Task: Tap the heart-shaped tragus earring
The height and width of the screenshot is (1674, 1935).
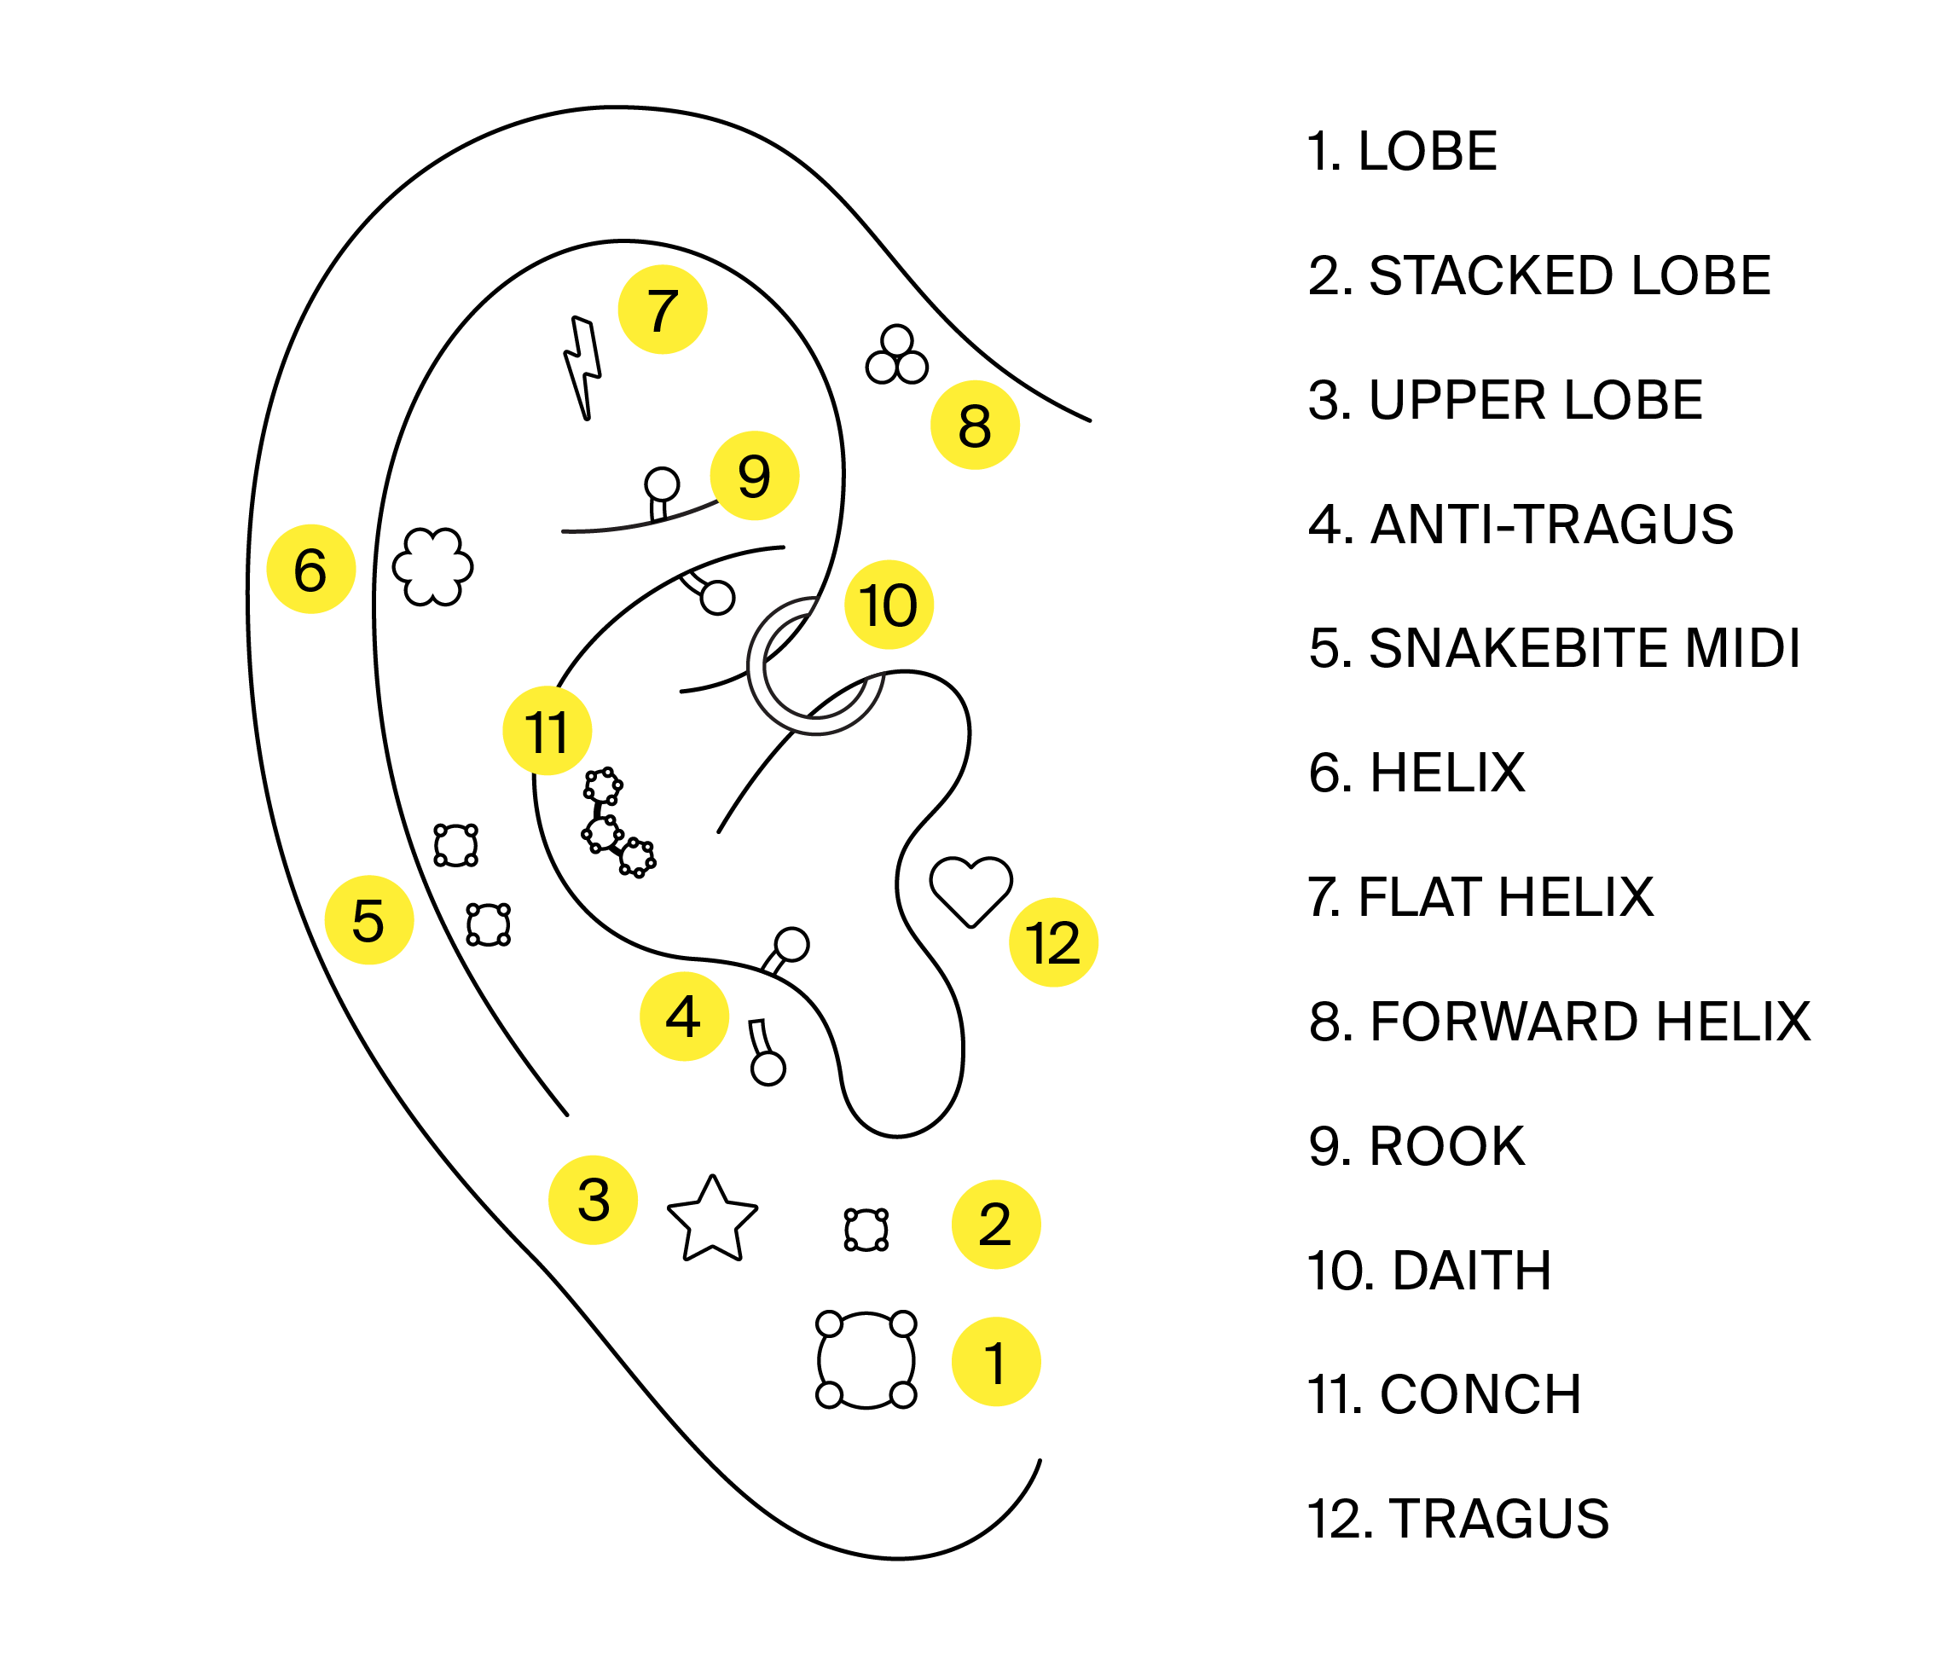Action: pyautogui.click(x=970, y=889)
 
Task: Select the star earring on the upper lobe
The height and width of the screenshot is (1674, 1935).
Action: pyautogui.click(x=712, y=1220)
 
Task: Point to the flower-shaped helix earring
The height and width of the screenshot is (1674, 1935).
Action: pyautogui.click(x=432, y=566)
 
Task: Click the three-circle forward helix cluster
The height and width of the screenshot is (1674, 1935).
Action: pyautogui.click(x=897, y=356)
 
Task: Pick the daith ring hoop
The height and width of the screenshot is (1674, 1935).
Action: pyautogui.click(x=814, y=667)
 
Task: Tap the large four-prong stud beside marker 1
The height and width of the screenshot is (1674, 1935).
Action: pyautogui.click(x=866, y=1359)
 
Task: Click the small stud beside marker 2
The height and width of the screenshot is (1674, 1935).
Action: pyautogui.click(x=866, y=1231)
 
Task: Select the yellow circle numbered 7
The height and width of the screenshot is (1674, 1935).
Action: pyautogui.click(x=663, y=310)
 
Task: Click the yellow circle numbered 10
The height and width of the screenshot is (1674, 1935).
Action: pyautogui.click(x=889, y=605)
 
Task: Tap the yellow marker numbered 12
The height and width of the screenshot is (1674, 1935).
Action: pyautogui.click(x=1053, y=942)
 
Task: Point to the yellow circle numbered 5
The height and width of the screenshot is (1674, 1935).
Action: pyautogui.click(x=369, y=920)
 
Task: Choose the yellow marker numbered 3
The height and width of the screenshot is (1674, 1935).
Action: pyautogui.click(x=594, y=1201)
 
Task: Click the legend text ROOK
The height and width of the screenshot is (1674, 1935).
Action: pyautogui.click(x=1446, y=1146)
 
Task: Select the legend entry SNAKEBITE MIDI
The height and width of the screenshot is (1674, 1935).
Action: pyautogui.click(x=1554, y=648)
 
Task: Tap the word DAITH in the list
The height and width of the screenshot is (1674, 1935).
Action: pyautogui.click(x=1472, y=1271)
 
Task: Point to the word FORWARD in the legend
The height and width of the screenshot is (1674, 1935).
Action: pyautogui.click(x=1504, y=1021)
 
